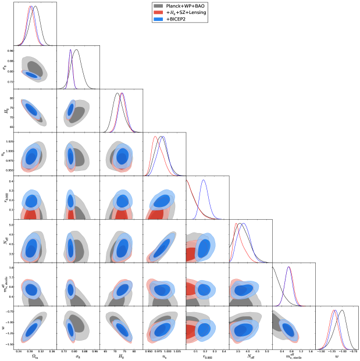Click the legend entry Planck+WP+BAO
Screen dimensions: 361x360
(185, 6)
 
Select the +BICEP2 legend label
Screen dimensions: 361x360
(177, 19)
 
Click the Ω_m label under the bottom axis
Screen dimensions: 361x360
(35, 356)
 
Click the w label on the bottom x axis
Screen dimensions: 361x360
(337, 356)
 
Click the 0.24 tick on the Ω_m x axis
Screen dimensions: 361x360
(19, 351)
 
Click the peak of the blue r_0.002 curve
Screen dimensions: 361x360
(204, 180)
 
